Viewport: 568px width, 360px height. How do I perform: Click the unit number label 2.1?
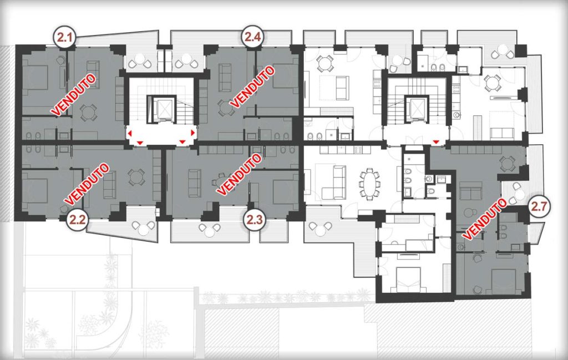(64, 37)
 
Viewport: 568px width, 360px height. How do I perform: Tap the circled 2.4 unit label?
(253, 37)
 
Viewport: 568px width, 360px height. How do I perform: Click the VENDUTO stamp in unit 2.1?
(74, 94)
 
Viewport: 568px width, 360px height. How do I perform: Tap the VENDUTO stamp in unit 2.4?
(252, 87)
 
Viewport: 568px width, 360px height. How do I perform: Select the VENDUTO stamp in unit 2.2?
(87, 183)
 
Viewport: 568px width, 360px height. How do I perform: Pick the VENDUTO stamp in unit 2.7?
(484, 219)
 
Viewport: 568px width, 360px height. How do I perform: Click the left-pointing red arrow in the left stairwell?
(129, 134)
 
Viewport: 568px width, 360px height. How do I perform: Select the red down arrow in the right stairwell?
(436, 140)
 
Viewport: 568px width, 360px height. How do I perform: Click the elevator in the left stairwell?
(161, 108)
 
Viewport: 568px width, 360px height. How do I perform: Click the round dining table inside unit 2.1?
(88, 113)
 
